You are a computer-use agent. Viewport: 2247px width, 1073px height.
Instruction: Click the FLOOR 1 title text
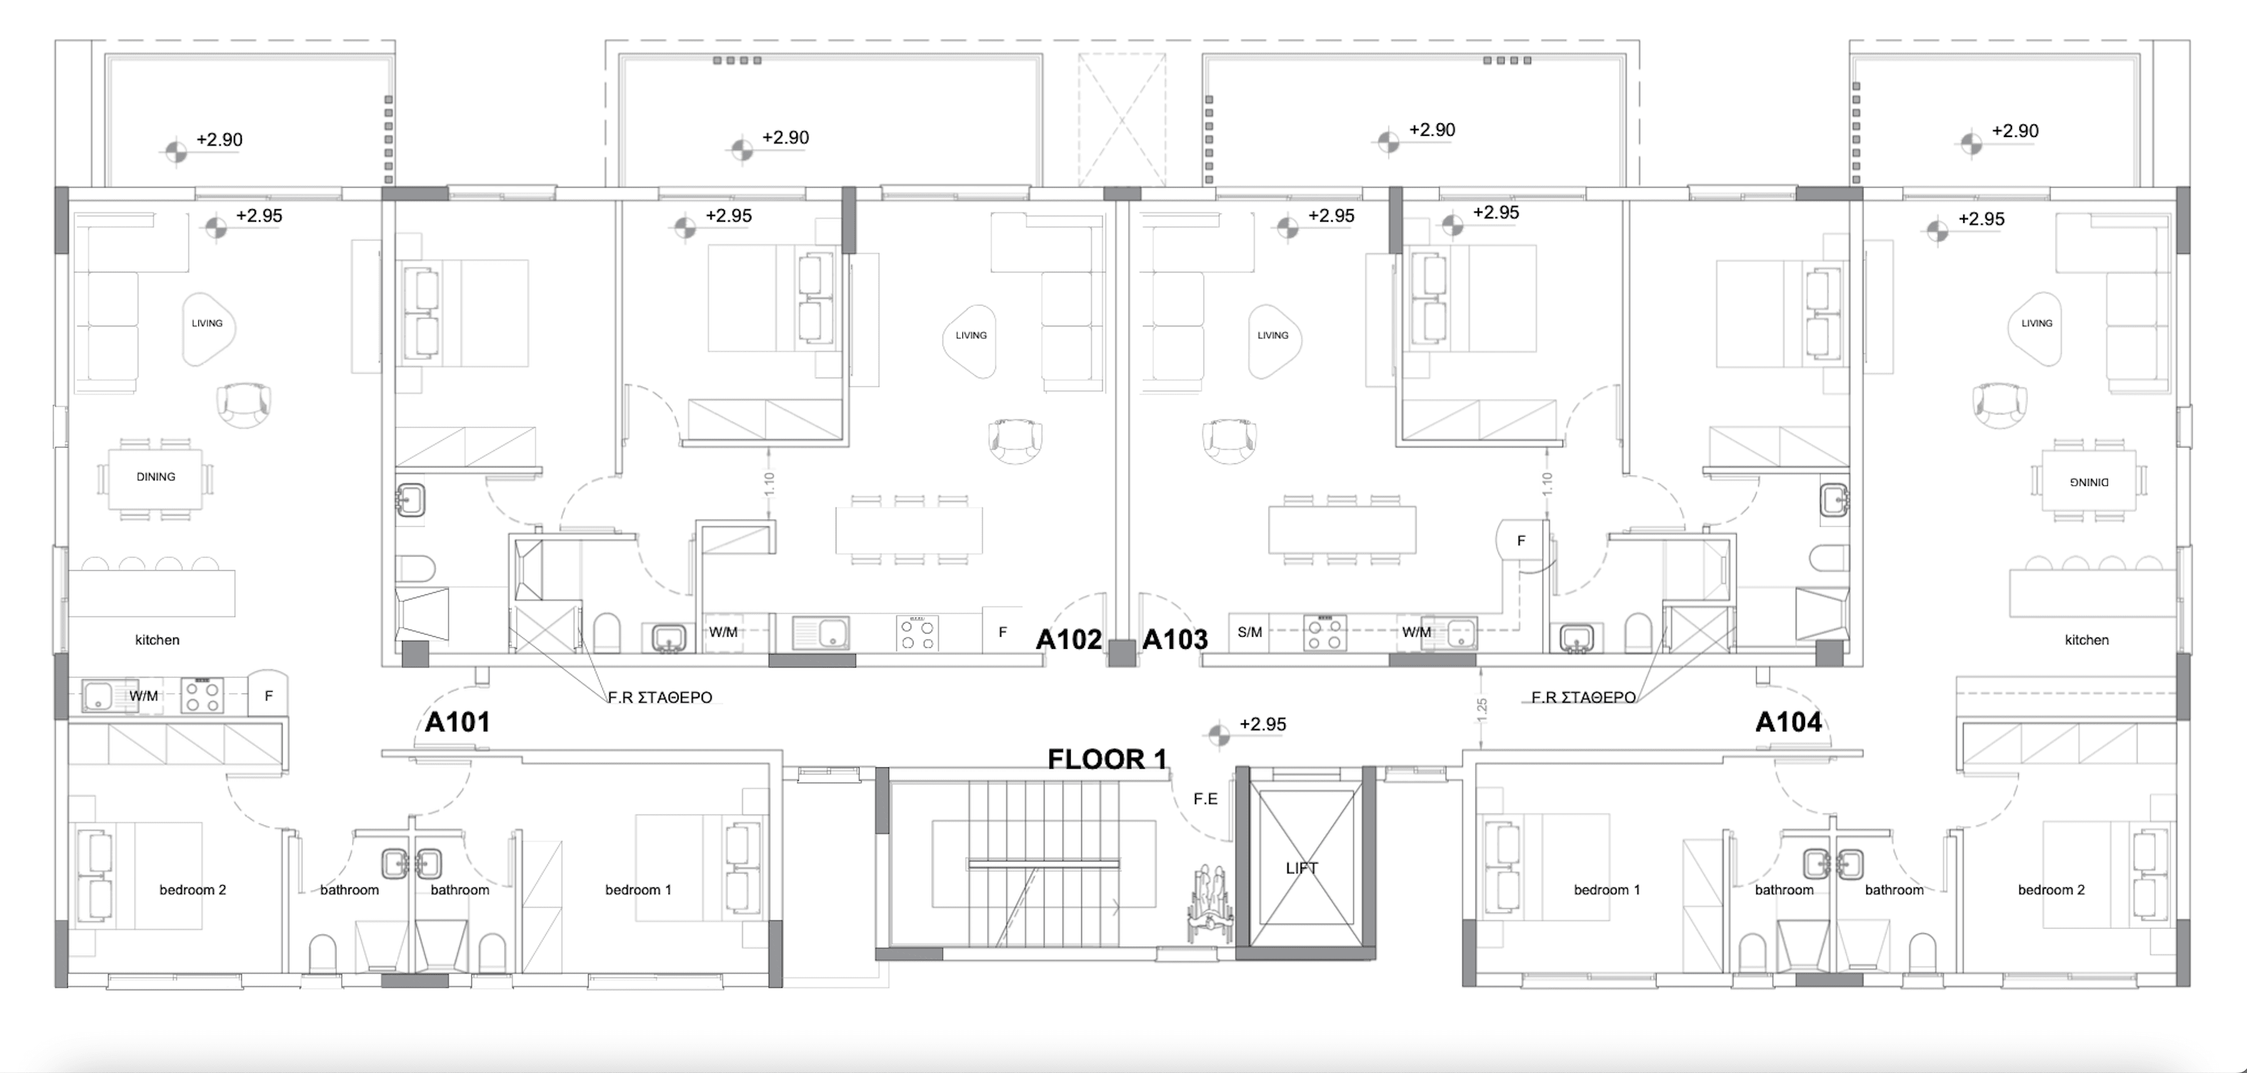(x=1106, y=759)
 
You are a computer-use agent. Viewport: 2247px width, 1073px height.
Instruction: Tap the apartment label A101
(x=457, y=722)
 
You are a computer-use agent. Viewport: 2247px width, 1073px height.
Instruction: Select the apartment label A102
(x=1068, y=640)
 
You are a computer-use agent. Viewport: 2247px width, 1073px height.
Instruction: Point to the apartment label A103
(x=1175, y=640)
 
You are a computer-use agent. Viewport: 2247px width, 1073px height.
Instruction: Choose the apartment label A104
(x=1788, y=722)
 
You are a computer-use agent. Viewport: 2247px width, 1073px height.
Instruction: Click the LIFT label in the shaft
(x=1301, y=868)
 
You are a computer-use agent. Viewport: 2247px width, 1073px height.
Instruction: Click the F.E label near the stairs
(x=1205, y=799)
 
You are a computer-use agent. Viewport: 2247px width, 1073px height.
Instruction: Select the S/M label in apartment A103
(x=1249, y=632)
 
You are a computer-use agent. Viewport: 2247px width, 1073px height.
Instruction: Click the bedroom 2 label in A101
(x=192, y=890)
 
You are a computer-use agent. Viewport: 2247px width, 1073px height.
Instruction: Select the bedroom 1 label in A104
(x=1607, y=890)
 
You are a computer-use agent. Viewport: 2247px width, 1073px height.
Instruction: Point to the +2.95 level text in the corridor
(x=1262, y=724)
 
